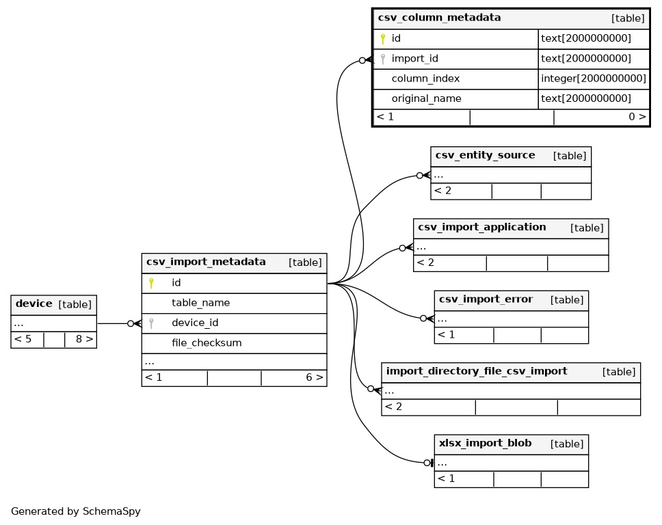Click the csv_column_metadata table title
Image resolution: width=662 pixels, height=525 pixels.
click(439, 18)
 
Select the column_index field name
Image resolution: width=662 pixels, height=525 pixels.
click(425, 79)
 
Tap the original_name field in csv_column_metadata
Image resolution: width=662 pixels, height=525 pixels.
click(427, 98)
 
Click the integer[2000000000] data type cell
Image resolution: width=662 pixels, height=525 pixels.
click(594, 79)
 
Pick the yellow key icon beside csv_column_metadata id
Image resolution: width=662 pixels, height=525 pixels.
click(383, 39)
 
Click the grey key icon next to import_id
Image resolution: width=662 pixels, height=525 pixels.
click(383, 59)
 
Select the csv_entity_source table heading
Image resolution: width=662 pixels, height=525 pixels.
click(485, 155)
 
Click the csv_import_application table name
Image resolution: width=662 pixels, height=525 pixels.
click(481, 227)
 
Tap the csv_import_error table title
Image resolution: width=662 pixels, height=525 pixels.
click(486, 299)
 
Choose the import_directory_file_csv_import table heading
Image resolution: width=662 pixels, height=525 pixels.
click(477, 371)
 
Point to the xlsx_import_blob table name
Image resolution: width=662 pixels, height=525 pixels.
click(485, 443)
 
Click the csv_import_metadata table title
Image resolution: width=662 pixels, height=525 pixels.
click(206, 262)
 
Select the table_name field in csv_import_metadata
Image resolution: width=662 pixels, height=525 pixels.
click(201, 303)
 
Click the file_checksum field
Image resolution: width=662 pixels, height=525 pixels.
click(207, 343)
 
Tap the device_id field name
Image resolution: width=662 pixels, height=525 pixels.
click(195, 323)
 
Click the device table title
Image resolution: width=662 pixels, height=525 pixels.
click(34, 304)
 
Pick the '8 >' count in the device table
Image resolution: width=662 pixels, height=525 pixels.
click(84, 339)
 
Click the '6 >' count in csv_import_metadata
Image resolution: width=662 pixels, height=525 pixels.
click(315, 377)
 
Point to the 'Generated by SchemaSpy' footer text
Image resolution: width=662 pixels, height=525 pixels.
click(76, 511)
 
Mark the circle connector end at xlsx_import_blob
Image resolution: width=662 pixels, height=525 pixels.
click(427, 463)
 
